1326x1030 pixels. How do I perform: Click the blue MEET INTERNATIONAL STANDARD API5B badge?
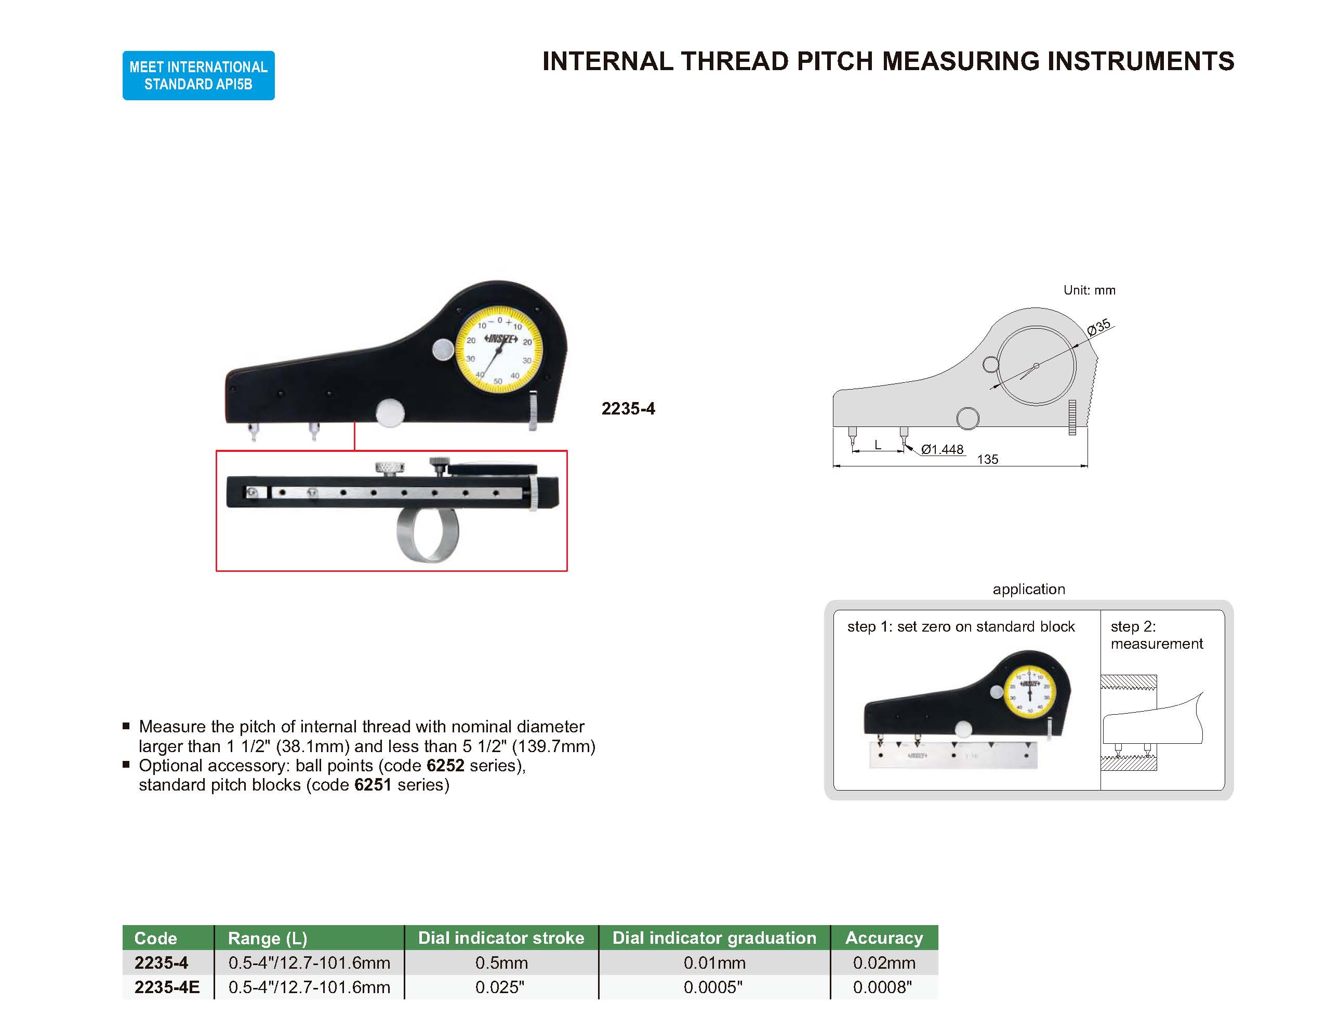click(198, 75)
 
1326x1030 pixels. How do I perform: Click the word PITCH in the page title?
click(836, 61)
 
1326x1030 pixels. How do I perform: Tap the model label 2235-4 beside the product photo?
click(628, 408)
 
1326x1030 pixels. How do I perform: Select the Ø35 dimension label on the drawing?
click(1098, 327)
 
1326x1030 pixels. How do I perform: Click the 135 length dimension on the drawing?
click(987, 460)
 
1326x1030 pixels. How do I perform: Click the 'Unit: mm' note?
click(1089, 290)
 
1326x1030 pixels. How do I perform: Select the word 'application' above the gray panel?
click(1028, 588)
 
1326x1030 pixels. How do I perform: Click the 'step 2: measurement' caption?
click(1156, 635)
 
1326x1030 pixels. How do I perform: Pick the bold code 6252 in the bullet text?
click(445, 766)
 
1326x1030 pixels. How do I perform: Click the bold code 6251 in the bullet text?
click(372, 785)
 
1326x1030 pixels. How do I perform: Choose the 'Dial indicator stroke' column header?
click(501, 938)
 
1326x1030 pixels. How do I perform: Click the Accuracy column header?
click(884, 938)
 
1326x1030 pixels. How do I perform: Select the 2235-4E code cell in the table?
click(167, 987)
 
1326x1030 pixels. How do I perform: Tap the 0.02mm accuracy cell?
click(883, 962)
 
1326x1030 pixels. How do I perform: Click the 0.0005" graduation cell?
click(713, 987)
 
